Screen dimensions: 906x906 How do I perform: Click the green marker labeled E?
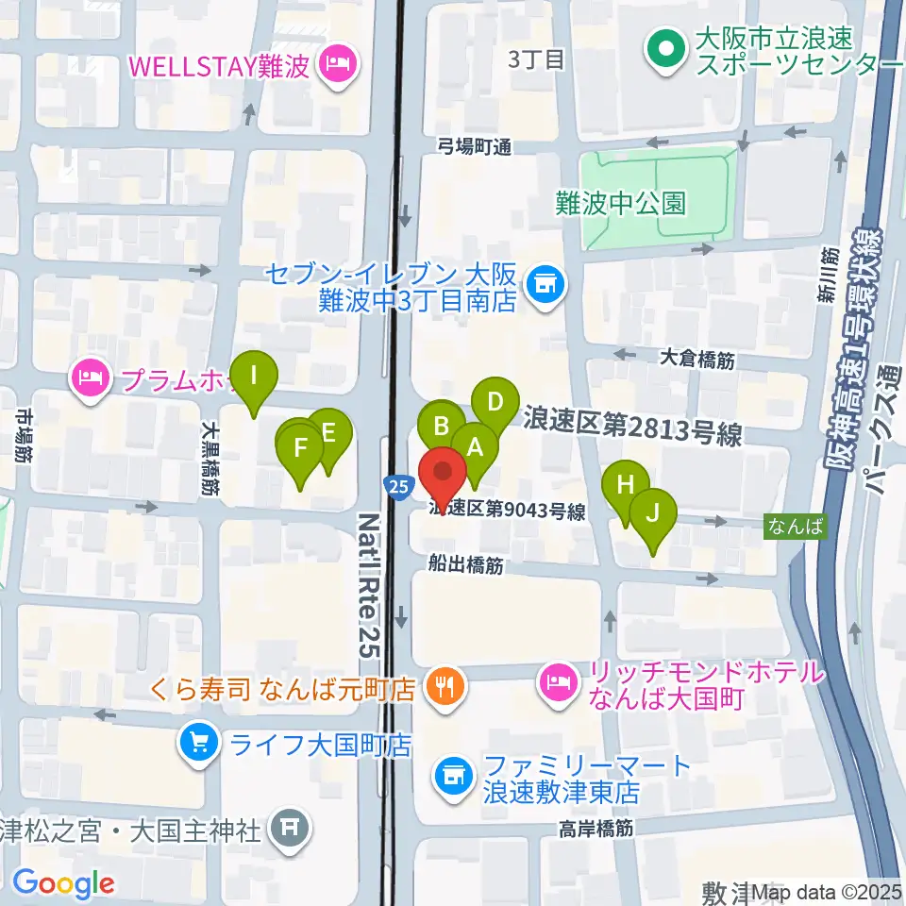[328, 434]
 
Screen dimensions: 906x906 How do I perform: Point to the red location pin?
[442, 472]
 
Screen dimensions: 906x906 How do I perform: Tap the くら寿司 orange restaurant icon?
[442, 684]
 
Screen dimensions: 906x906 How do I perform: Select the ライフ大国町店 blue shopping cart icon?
[198, 743]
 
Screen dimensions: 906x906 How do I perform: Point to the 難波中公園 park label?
[620, 203]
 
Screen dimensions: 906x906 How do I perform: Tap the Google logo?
[63, 883]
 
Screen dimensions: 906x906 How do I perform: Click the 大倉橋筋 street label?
[697, 359]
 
